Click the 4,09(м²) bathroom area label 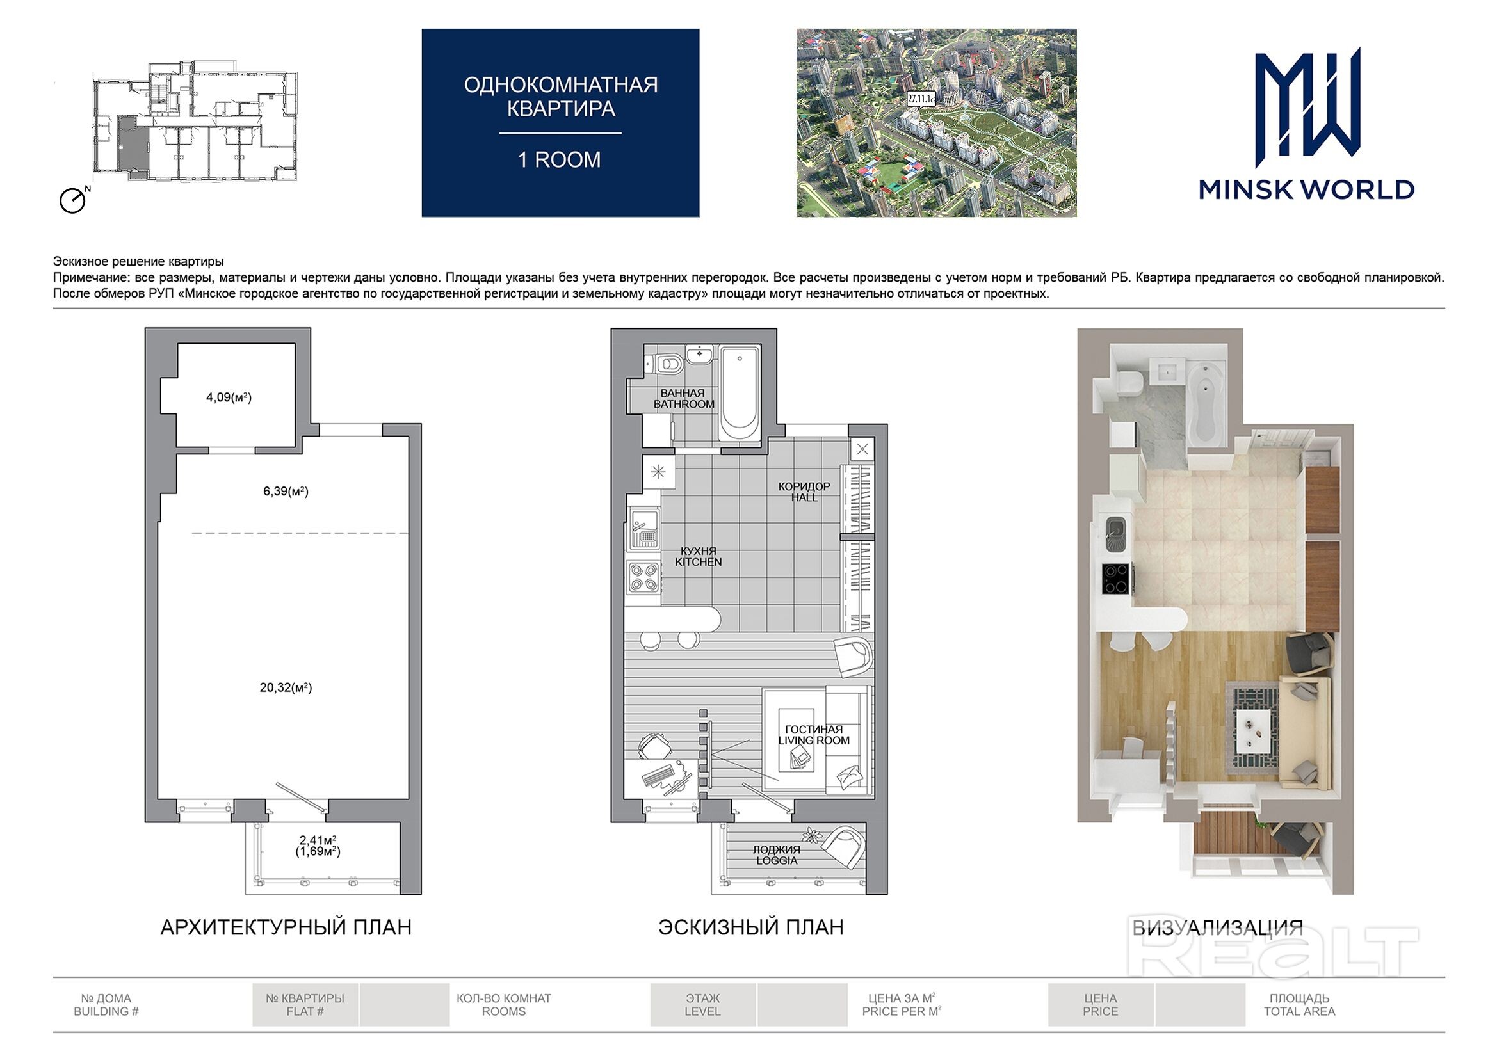coord(229,397)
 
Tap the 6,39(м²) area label coord(286,491)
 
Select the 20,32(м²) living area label coord(286,687)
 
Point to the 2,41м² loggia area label coord(318,840)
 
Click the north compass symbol coord(74,200)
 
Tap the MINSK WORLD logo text coord(1307,189)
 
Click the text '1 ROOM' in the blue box coord(560,160)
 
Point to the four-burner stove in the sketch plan coord(643,577)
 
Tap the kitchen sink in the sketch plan coord(643,529)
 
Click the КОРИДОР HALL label coord(804,492)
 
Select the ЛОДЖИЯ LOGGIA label coord(777,854)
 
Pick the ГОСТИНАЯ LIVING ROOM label coord(814,735)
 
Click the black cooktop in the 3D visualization coord(1115,579)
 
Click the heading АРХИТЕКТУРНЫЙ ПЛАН coord(286,927)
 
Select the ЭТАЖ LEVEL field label coord(702,1004)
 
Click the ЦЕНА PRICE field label coord(1101,1004)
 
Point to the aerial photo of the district coord(936,122)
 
